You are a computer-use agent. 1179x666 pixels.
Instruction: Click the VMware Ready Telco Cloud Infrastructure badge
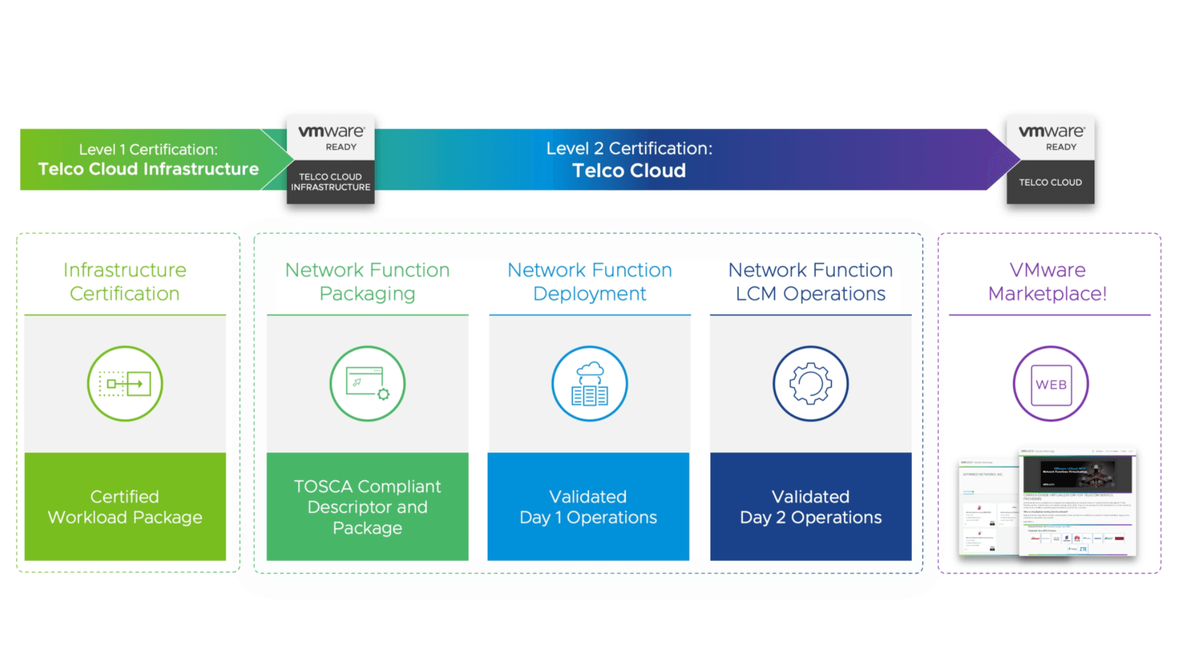330,161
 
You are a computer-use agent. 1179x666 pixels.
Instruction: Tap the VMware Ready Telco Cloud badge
1050,161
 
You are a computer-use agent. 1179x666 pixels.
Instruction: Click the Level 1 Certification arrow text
148,160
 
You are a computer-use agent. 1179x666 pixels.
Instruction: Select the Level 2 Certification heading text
629,159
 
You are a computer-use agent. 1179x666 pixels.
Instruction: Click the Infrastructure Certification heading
125,281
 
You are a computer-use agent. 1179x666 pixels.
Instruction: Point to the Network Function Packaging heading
367,281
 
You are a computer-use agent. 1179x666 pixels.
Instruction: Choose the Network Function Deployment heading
589,281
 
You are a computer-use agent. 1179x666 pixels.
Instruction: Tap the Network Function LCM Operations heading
810,281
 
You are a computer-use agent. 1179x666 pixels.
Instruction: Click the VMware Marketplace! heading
1047,281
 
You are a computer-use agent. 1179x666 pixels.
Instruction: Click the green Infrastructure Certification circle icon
125,383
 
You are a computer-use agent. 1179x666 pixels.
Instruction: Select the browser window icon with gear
367,383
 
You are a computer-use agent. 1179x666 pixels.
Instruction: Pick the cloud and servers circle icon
589,383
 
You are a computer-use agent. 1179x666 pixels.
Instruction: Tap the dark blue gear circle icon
810,383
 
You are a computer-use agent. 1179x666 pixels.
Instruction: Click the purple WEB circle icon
1050,383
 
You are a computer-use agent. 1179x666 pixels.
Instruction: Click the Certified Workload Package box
125,507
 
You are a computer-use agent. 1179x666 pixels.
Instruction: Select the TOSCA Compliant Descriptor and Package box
367,507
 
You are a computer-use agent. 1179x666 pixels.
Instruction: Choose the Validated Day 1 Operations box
588,507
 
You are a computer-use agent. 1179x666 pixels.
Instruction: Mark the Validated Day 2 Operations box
810,507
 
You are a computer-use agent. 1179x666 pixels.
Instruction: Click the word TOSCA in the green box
323,487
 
